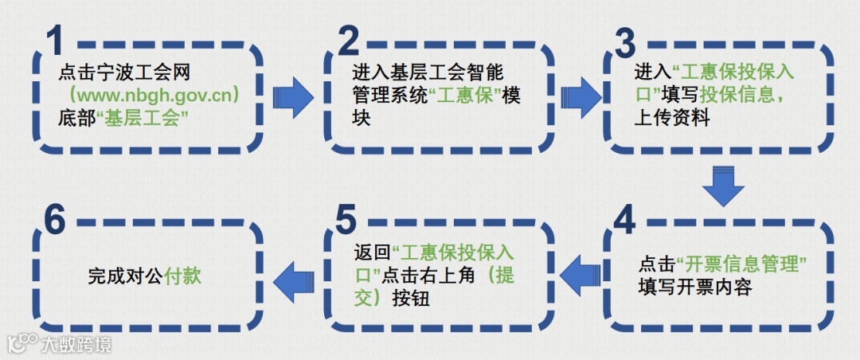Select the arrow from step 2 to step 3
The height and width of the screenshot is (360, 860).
click(580, 96)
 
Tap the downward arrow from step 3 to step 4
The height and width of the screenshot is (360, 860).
click(723, 186)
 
